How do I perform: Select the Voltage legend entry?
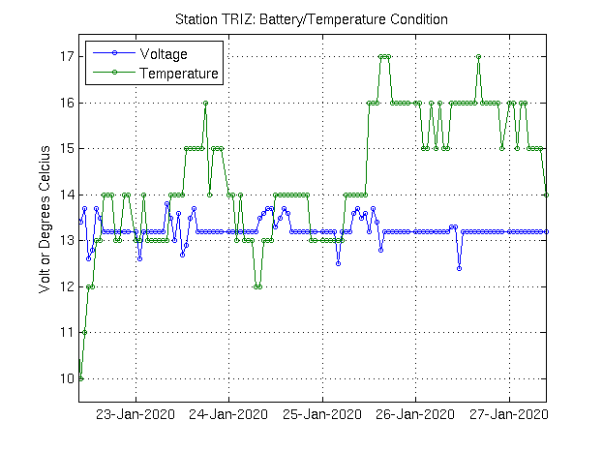[x=164, y=53]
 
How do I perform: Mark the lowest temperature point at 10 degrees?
[x=80, y=378]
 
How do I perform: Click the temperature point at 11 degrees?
[x=84, y=332]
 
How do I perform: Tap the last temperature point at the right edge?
[x=548, y=195]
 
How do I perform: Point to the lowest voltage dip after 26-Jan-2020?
[x=460, y=268]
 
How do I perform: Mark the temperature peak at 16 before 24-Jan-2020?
[x=206, y=103]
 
